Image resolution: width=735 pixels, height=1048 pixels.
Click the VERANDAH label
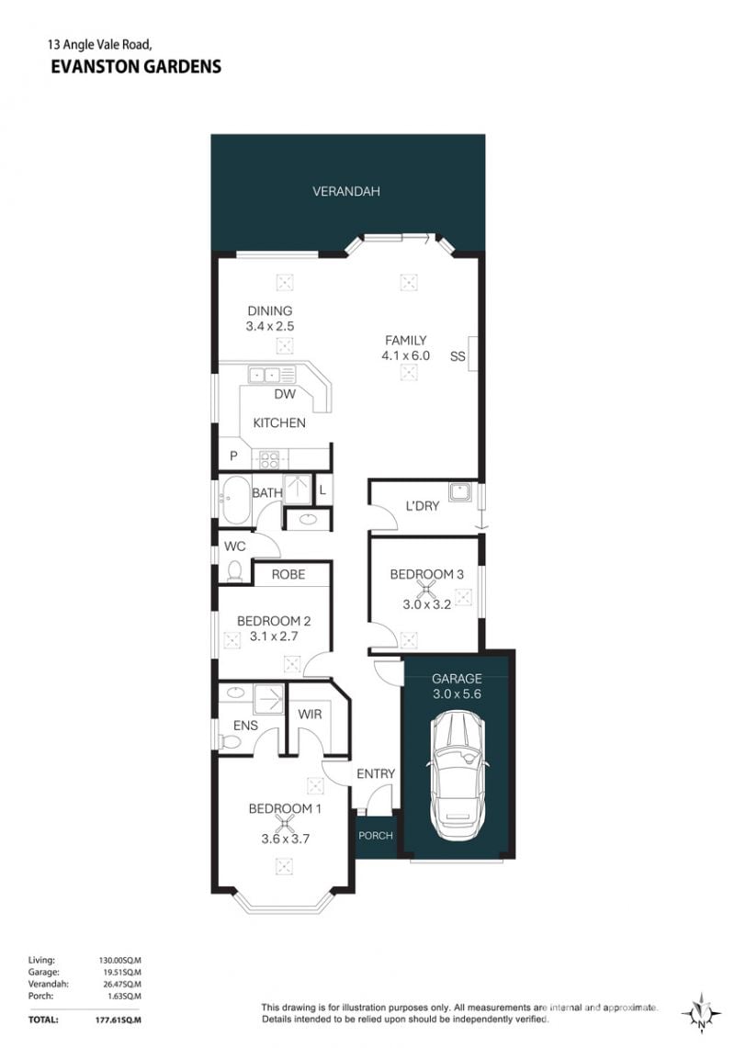[x=345, y=191]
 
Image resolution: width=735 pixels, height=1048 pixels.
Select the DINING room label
[x=269, y=310]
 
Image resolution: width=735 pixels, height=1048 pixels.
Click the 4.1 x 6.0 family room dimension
[x=405, y=355]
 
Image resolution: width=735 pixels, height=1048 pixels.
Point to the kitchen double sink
[x=272, y=375]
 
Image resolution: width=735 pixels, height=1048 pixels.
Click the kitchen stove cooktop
[x=269, y=460]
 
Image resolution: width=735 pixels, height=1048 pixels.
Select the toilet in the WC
[x=233, y=571]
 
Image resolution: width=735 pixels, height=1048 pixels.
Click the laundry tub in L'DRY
[x=461, y=492]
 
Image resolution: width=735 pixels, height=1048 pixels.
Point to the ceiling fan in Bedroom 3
[x=426, y=589]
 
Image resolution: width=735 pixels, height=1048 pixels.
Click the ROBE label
[x=288, y=574]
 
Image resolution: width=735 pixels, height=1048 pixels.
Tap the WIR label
[x=310, y=714]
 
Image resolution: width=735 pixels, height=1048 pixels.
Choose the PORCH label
[x=375, y=836]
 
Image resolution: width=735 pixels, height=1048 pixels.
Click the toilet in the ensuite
[x=230, y=742]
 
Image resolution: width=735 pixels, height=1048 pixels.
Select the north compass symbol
[x=700, y=1014]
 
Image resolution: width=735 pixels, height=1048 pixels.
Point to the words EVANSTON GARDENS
[x=136, y=66]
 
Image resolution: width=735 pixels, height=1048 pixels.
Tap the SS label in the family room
[x=458, y=356]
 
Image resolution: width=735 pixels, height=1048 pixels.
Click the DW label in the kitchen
[x=285, y=394]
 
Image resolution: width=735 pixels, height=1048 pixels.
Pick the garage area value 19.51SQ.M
[x=120, y=973]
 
